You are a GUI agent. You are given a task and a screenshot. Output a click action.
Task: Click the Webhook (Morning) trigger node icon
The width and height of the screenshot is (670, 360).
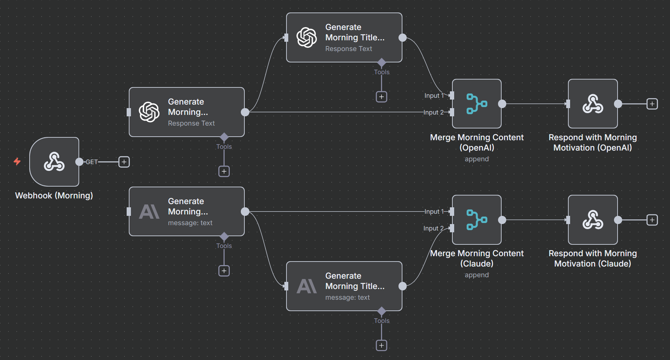pyautogui.click(x=54, y=162)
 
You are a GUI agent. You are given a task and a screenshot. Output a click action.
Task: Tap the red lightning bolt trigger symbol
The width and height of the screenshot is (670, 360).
pyautogui.click(x=17, y=162)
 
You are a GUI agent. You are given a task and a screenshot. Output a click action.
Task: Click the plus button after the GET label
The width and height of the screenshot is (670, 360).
pyautogui.click(x=124, y=162)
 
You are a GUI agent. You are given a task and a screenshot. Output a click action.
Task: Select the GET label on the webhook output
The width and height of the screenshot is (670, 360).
pyautogui.click(x=92, y=162)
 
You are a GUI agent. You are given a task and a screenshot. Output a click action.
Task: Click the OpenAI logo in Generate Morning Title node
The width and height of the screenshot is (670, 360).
pyautogui.click(x=306, y=37)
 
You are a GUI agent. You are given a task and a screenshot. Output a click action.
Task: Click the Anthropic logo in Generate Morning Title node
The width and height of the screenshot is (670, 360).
pyautogui.click(x=306, y=286)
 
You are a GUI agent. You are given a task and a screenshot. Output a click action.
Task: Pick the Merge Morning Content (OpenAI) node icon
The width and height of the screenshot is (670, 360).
pyautogui.click(x=477, y=104)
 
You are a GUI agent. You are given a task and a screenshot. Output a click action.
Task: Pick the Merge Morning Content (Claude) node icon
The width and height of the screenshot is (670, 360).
pyautogui.click(x=477, y=220)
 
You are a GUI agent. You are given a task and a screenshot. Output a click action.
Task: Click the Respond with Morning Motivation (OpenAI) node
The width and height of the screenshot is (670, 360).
pyautogui.click(x=593, y=104)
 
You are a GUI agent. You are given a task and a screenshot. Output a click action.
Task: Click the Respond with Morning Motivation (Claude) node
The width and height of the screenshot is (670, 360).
pyautogui.click(x=593, y=220)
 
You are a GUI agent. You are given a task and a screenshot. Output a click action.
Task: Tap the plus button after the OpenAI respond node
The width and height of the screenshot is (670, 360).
pyautogui.click(x=652, y=104)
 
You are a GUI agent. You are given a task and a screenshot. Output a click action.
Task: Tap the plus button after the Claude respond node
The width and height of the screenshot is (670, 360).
pyautogui.click(x=652, y=220)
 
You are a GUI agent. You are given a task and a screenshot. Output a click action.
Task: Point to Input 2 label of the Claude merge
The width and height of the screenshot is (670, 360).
pyautogui.click(x=433, y=228)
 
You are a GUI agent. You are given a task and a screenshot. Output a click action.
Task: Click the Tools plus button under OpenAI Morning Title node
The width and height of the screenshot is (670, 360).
pyautogui.click(x=381, y=97)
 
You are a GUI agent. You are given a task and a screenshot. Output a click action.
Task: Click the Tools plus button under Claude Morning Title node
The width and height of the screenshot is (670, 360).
pyautogui.click(x=381, y=345)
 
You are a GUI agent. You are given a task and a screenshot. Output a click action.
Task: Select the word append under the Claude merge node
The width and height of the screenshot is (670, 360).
pyautogui.click(x=477, y=275)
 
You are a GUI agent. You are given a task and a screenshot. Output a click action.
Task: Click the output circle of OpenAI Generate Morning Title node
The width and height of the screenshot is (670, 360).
pyautogui.click(x=402, y=37)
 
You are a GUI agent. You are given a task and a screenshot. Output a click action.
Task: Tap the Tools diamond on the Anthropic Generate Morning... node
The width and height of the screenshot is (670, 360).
pyautogui.click(x=224, y=236)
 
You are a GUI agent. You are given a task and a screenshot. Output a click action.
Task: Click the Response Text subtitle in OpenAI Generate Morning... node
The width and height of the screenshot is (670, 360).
pyautogui.click(x=191, y=123)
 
